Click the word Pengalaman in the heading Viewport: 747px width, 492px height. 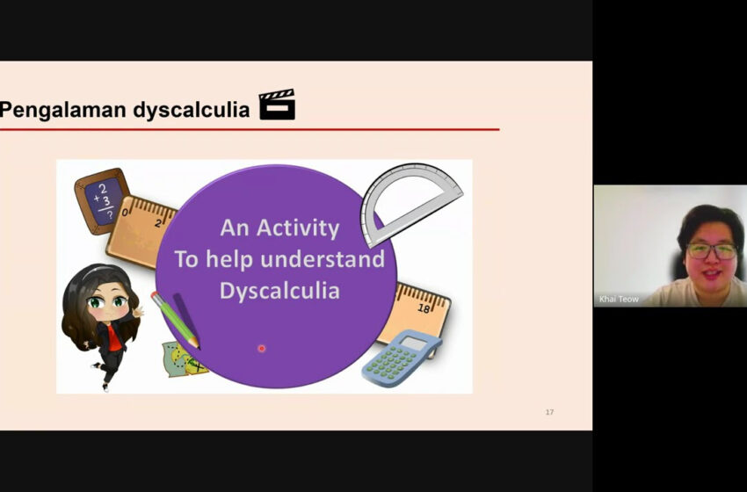(x=63, y=110)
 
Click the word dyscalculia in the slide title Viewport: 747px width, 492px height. (x=192, y=109)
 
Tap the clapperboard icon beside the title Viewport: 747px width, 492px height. (x=277, y=105)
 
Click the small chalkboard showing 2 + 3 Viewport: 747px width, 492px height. (x=103, y=200)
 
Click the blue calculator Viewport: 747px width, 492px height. (x=401, y=358)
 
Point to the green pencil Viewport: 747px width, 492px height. (x=175, y=320)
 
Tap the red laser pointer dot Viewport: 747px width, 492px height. (x=262, y=349)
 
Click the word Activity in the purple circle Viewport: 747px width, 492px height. (x=298, y=228)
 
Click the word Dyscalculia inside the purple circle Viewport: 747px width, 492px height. (x=279, y=291)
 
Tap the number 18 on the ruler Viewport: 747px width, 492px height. (x=424, y=308)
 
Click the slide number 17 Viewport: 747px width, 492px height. (x=549, y=412)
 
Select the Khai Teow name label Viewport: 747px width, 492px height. (x=619, y=299)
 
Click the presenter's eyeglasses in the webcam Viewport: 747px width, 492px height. (x=712, y=250)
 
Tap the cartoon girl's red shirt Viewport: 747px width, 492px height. (x=114, y=338)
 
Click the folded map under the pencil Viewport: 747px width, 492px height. (x=183, y=359)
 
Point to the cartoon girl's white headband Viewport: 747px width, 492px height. (x=98, y=271)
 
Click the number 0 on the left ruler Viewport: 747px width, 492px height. (x=125, y=212)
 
